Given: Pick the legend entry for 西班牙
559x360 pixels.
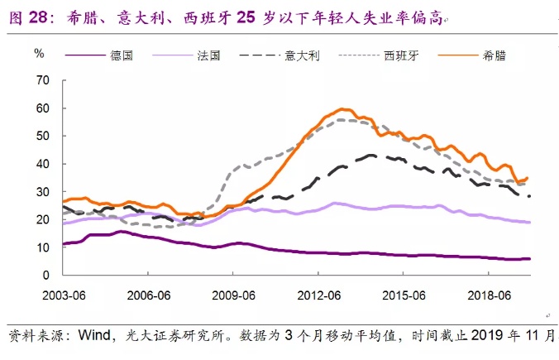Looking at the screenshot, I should (403, 56).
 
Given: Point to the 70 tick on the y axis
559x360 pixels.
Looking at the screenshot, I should (44, 80).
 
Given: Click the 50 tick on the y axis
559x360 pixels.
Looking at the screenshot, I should (44, 136).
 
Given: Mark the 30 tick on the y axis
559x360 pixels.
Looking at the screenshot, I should (44, 192).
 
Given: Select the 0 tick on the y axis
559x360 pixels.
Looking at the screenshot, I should (47, 275).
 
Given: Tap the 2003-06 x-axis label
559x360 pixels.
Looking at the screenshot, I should (64, 294).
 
